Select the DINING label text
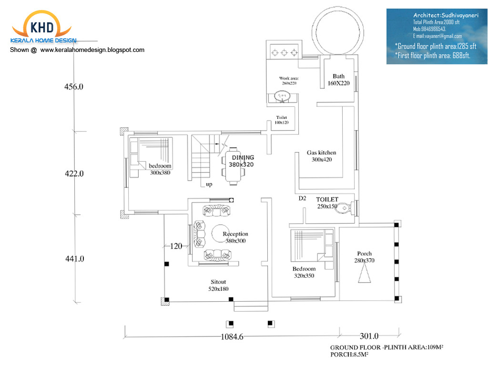243,158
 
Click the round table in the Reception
220,233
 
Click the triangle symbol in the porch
364,274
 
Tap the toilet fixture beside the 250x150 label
345,208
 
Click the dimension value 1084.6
232,336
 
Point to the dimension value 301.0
369,336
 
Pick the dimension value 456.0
74,87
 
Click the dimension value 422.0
74,174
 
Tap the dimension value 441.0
74,259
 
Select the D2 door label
302,198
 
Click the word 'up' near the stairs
209,184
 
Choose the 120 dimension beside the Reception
176,246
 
